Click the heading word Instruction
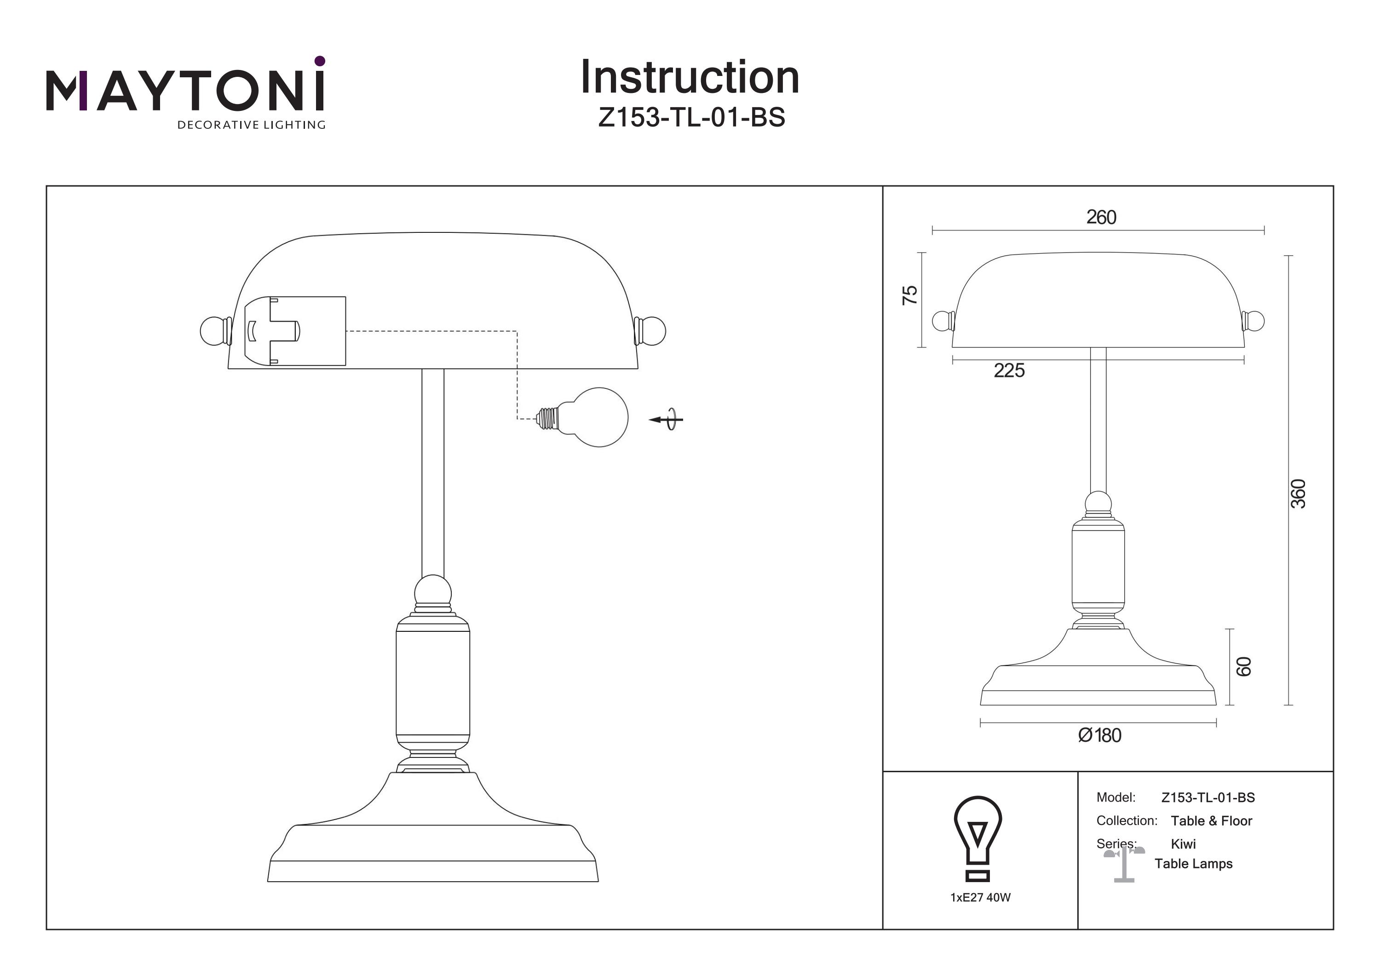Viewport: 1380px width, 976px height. pyautogui.click(x=690, y=78)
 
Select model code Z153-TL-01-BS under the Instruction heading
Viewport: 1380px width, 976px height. pyautogui.click(x=691, y=118)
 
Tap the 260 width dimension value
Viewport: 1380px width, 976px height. pyautogui.click(x=1100, y=217)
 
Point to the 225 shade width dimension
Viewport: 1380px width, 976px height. pyautogui.click(x=1009, y=370)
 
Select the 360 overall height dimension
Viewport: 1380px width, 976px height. pyautogui.click(x=1298, y=493)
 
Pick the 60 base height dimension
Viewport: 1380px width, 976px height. pyautogui.click(x=1243, y=666)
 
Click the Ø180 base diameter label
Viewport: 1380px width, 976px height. pyautogui.click(x=1099, y=735)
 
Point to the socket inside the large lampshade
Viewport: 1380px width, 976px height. pyautogui.click(x=294, y=331)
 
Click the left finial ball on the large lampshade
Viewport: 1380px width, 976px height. pyautogui.click(x=212, y=331)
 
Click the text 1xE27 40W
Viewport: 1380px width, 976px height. pyautogui.click(x=980, y=898)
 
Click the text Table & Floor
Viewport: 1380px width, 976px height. pyautogui.click(x=1211, y=821)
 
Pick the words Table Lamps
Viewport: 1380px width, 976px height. pyautogui.click(x=1193, y=864)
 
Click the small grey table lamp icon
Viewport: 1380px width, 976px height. pyautogui.click(x=1123, y=864)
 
